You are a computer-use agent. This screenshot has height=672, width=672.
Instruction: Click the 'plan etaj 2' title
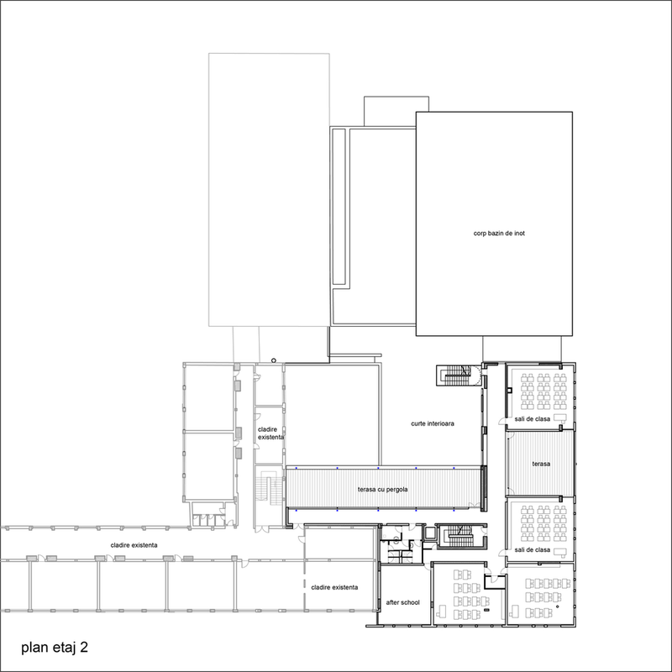pos(55,647)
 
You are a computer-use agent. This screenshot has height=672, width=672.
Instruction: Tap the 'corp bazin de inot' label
pos(499,234)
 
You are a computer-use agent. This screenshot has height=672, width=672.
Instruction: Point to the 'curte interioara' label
pos(433,423)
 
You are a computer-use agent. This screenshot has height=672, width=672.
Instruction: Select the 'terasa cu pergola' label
pos(383,490)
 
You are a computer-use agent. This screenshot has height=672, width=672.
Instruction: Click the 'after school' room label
pos(403,602)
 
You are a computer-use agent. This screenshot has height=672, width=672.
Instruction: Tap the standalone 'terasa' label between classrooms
pos(541,464)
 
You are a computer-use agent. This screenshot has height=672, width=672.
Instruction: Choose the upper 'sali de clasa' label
pos(533,418)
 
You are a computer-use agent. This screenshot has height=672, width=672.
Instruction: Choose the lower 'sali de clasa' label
pos(533,550)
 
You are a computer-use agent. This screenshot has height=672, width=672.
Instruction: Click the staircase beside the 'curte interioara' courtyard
pos(458,375)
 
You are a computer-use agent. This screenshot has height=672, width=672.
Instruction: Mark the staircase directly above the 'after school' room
pos(461,536)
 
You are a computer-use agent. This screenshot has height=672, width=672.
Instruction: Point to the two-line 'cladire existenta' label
pos(270,433)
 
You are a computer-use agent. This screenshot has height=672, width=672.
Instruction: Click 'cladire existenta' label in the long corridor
pos(134,545)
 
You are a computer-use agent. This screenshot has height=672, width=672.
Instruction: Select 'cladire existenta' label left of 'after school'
pos(334,587)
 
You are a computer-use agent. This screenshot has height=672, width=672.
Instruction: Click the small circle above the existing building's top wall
pos(274,360)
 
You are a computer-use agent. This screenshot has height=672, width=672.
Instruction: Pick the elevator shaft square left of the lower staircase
pos(429,534)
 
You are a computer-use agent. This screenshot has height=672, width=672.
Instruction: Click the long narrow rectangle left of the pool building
pos(339,207)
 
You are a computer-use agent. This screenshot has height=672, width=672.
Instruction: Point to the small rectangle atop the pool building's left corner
pos(396,111)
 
